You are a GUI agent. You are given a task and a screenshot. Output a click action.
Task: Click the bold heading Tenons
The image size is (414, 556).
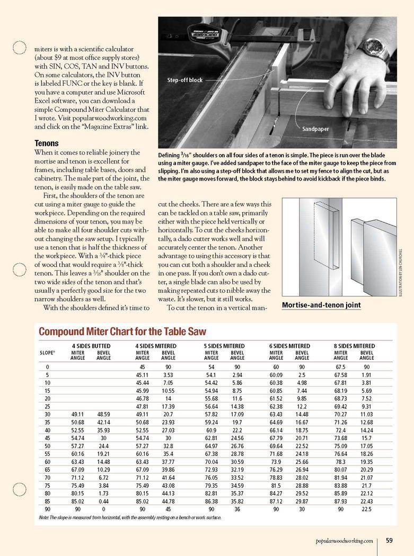pyautogui.click(x=46, y=144)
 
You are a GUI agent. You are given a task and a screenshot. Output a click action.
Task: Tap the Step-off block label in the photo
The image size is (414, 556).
pyautogui.click(x=185, y=80)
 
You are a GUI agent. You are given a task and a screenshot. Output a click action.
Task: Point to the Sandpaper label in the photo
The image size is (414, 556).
pyautogui.click(x=316, y=129)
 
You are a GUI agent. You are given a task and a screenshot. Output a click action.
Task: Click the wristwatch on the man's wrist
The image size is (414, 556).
pyautogui.click(x=374, y=49)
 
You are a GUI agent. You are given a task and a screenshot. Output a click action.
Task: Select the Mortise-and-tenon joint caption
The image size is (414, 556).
pyautogui.click(x=321, y=305)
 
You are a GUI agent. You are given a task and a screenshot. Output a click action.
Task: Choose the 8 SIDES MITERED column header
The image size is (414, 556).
pyautogui.click(x=354, y=346)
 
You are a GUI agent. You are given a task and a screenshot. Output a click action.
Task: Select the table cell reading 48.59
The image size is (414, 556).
pyautogui.click(x=104, y=413)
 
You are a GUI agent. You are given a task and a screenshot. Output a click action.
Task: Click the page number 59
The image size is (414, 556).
pyautogui.click(x=389, y=541)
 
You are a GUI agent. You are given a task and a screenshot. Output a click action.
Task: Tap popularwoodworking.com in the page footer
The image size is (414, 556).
pyautogui.click(x=344, y=541)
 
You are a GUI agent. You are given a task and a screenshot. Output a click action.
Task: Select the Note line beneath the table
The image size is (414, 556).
pyautogui.click(x=130, y=517)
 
